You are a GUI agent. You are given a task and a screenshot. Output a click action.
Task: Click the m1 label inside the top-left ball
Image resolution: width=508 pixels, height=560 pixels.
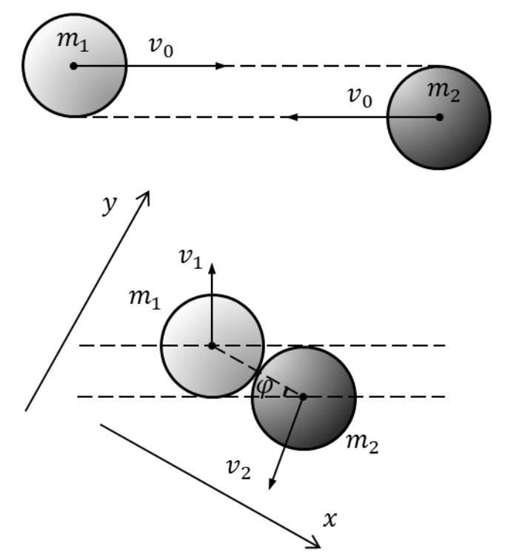click(x=73, y=41)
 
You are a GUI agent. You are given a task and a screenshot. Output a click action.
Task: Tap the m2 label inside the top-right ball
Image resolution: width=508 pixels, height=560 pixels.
click(x=444, y=92)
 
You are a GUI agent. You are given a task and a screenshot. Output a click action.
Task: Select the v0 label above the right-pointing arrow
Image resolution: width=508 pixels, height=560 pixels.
click(x=161, y=47)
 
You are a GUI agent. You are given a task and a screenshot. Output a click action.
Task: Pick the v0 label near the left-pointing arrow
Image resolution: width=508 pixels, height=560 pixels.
click(x=360, y=97)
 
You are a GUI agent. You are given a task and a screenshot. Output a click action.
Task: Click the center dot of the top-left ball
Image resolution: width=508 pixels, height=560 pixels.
click(x=73, y=66)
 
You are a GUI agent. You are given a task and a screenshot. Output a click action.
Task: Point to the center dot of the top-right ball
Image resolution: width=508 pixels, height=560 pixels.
click(x=439, y=117)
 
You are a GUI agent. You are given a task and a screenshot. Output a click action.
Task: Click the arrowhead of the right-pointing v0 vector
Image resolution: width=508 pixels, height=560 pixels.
click(x=221, y=66)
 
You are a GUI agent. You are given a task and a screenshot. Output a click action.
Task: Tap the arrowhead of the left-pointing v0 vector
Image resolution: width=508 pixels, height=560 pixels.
click(x=293, y=117)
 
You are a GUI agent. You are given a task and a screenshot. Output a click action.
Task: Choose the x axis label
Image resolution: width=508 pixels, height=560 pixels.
click(x=330, y=519)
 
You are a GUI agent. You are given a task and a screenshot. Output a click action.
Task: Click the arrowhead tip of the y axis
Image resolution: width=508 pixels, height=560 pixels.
click(x=149, y=192)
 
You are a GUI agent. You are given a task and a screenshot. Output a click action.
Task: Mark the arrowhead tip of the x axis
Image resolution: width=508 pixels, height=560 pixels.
click(x=319, y=547)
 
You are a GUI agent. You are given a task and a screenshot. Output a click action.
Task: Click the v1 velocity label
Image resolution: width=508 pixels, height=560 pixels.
click(x=190, y=259)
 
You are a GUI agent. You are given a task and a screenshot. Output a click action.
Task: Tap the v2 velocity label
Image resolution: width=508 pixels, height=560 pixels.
click(x=239, y=469)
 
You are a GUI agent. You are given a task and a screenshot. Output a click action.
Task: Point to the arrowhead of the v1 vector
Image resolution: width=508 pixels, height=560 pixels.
click(x=212, y=269)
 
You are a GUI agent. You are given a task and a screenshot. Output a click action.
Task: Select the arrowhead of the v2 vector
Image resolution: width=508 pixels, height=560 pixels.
click(x=272, y=484)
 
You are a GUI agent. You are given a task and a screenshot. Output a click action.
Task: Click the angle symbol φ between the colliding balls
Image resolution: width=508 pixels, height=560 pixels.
click(x=265, y=387)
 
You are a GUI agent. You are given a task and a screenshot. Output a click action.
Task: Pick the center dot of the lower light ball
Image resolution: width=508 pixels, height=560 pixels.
click(x=212, y=346)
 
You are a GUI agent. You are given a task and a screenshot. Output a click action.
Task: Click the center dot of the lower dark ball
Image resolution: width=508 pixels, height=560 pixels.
click(x=303, y=397)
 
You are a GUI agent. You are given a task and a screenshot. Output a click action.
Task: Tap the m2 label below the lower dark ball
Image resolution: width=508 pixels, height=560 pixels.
click(x=362, y=444)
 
